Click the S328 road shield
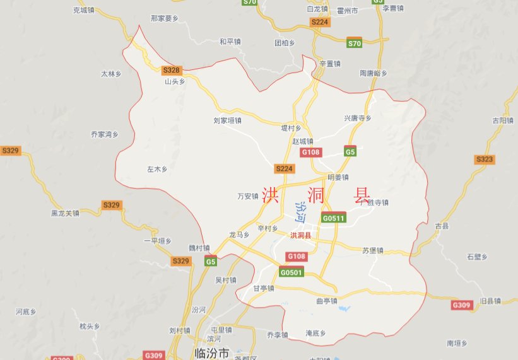pos(171,70)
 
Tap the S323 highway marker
pos(485,160)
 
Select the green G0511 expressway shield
pos(333,218)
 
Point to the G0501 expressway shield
pos(291,272)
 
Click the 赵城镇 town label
pos(303,141)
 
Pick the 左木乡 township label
pos(157,169)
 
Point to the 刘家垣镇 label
pos(228,119)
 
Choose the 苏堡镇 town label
pos(373,250)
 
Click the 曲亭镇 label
pos(327,301)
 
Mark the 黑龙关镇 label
pos(66,213)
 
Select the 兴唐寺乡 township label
pos(358,118)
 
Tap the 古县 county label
pos(441,225)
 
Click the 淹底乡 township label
pos(315,332)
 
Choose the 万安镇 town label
pos(248,196)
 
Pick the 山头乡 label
pos(175,81)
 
